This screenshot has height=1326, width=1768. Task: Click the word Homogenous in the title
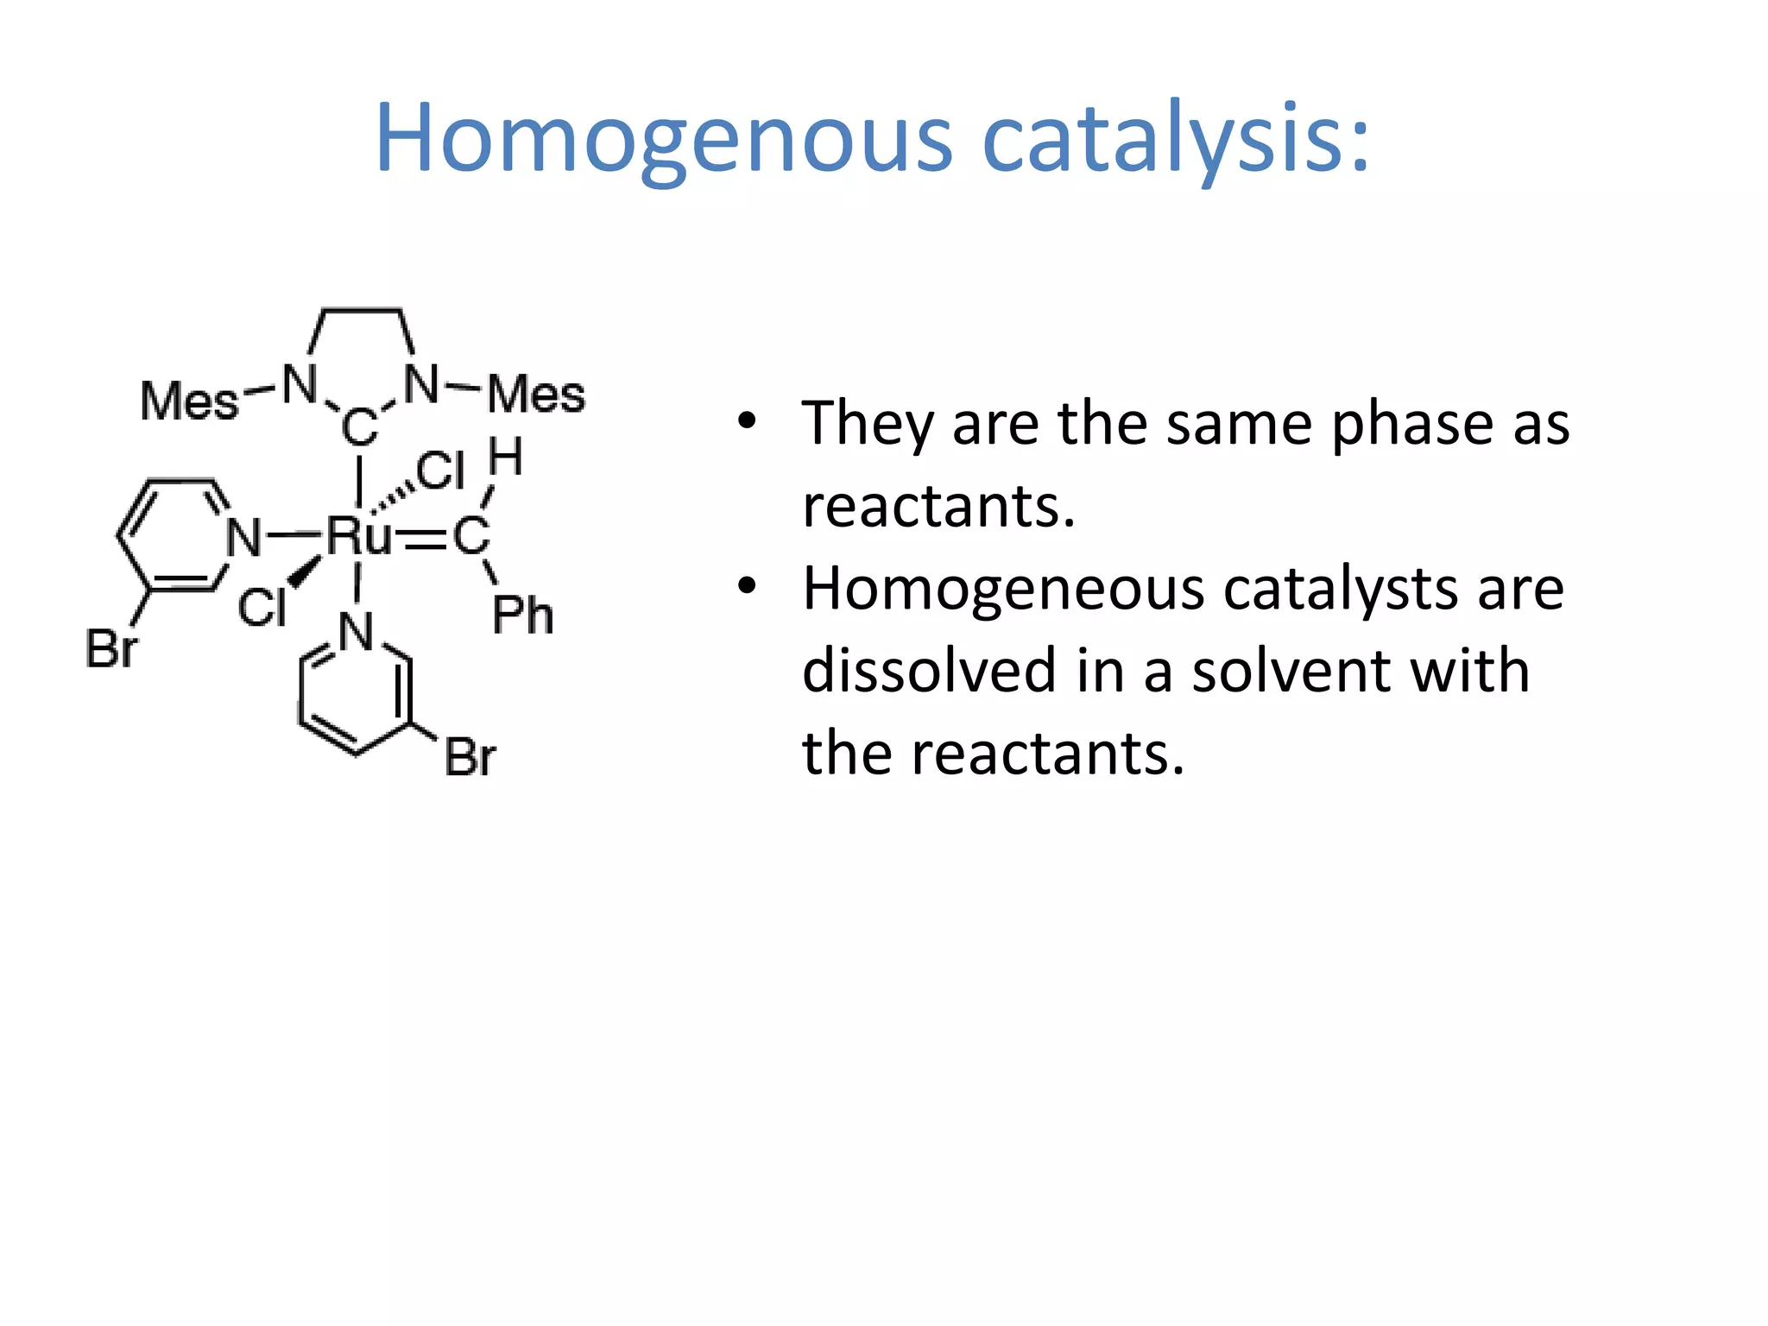[663, 140]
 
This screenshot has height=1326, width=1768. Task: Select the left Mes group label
[189, 401]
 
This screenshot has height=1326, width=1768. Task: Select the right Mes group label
[536, 395]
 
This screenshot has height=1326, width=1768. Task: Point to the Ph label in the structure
[522, 616]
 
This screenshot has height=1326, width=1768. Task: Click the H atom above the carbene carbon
[506, 458]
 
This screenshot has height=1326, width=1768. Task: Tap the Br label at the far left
[111, 648]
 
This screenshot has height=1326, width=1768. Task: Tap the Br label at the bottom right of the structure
[470, 758]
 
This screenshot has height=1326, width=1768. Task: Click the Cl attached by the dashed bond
[440, 471]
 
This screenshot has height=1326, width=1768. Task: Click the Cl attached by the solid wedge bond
[262, 607]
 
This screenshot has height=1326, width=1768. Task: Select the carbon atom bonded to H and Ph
[471, 537]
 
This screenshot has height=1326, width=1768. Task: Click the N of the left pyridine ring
[243, 538]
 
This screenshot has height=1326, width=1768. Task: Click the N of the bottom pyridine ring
[356, 632]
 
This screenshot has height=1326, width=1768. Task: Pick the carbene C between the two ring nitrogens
[360, 427]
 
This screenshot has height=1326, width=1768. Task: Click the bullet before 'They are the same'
[747, 422]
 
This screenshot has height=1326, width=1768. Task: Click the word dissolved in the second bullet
[929, 672]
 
